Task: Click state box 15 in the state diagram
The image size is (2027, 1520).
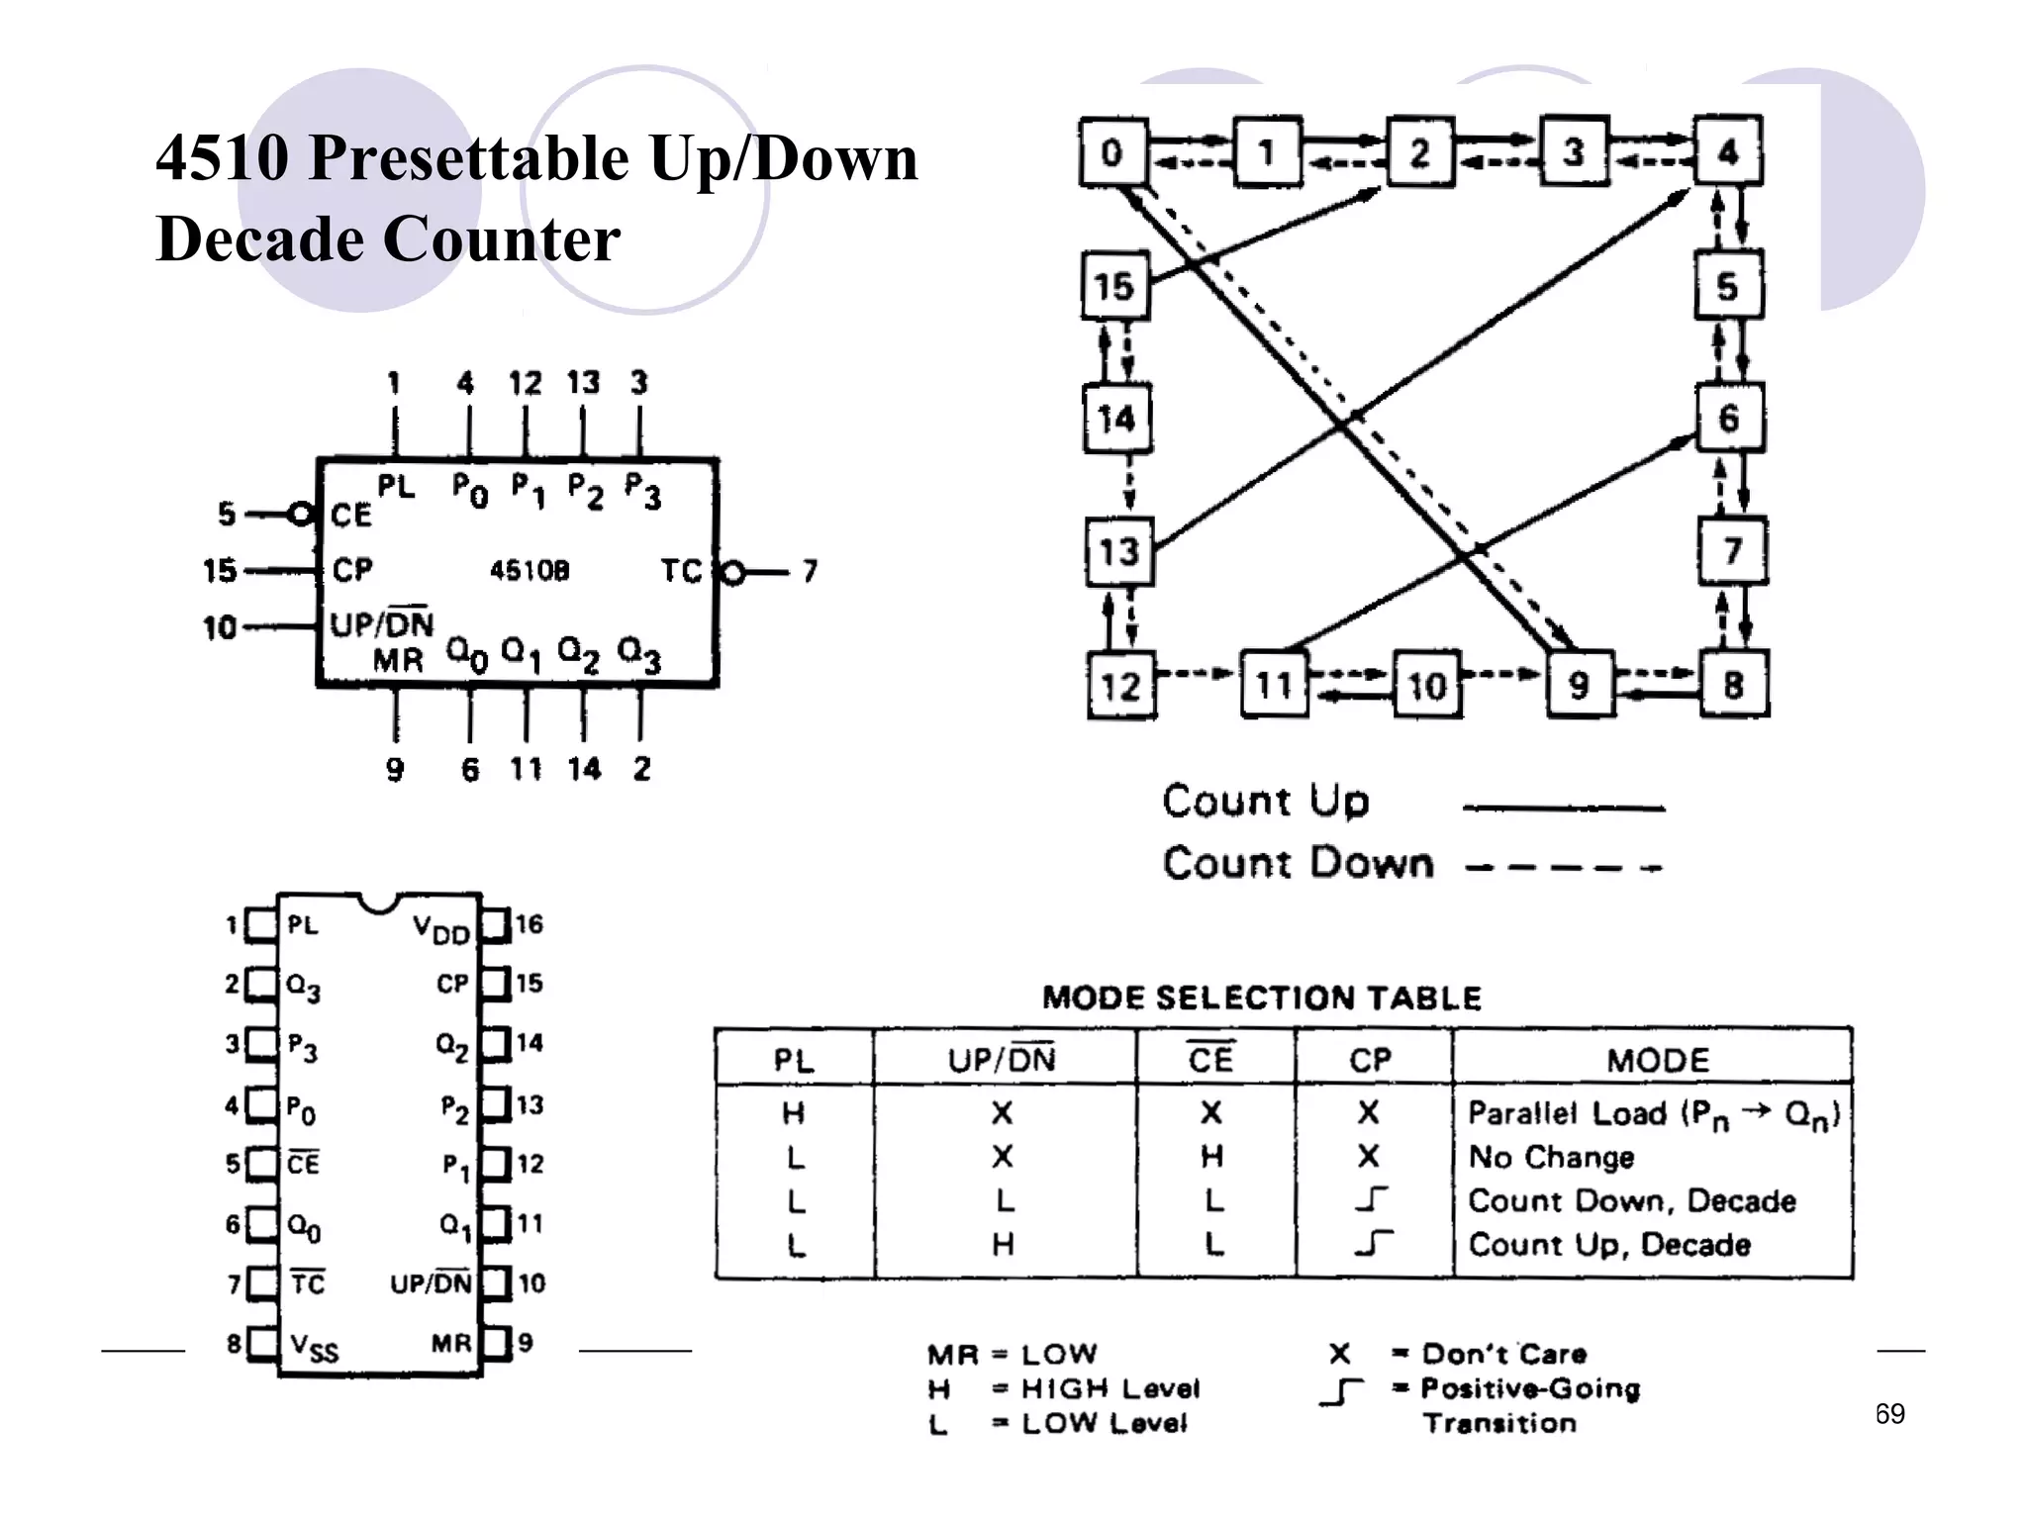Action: coord(1114,287)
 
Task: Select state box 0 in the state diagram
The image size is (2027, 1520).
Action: coord(1112,152)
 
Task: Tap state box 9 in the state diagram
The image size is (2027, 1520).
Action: coord(1579,685)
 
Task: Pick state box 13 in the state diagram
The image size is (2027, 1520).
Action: coord(1118,551)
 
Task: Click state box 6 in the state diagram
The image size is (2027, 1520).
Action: coord(1728,418)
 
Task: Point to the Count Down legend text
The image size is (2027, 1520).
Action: coord(1298,863)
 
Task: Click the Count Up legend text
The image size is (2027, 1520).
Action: coord(1266,801)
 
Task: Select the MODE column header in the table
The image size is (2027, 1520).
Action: coord(1658,1061)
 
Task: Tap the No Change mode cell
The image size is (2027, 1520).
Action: coord(1551,1157)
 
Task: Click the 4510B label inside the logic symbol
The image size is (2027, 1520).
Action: coord(530,571)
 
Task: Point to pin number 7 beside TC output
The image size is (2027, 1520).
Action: coord(810,571)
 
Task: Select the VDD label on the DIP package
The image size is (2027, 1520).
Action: coord(440,929)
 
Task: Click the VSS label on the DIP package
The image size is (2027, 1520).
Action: coord(314,1348)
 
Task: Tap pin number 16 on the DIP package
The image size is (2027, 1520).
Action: coord(530,924)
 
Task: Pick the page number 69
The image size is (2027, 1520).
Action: coord(1889,1414)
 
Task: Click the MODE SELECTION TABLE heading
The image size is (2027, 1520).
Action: coord(1262,997)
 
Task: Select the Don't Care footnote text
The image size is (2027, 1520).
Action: coord(1503,1354)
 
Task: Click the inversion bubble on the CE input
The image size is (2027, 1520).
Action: coord(299,515)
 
